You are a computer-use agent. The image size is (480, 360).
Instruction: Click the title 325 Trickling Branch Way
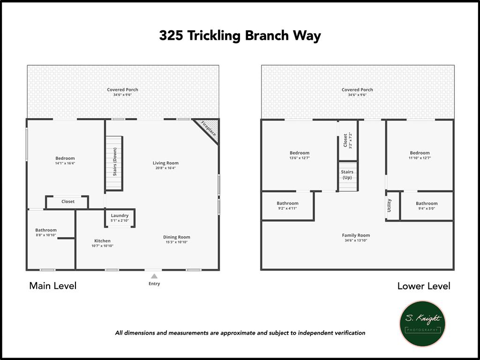pyautogui.click(x=240, y=36)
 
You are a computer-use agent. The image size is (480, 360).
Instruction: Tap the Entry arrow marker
pyautogui.click(x=154, y=277)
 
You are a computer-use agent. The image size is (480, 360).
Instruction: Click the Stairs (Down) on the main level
pyautogui.click(x=114, y=163)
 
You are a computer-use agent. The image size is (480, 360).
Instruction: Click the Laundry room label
pyautogui.click(x=120, y=216)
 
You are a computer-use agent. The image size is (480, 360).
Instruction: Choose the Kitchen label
pyautogui.click(x=102, y=241)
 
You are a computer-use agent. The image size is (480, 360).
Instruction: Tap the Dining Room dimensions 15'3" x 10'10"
pyautogui.click(x=177, y=242)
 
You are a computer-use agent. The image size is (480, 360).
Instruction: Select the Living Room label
pyautogui.click(x=165, y=163)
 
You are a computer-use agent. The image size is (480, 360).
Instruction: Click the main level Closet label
pyautogui.click(x=68, y=202)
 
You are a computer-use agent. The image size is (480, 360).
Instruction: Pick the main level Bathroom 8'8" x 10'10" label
pyautogui.click(x=46, y=230)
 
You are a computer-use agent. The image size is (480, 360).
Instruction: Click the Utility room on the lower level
pyautogui.click(x=390, y=205)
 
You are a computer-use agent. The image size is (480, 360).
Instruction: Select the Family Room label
pyautogui.click(x=356, y=235)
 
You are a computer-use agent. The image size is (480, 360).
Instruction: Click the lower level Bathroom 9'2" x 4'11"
pyautogui.click(x=287, y=203)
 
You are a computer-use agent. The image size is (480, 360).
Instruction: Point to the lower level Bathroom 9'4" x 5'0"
pyautogui.click(x=426, y=203)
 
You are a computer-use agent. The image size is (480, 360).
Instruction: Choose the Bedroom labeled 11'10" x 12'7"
pyautogui.click(x=420, y=153)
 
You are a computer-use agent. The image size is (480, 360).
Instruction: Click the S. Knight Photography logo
pyautogui.click(x=422, y=323)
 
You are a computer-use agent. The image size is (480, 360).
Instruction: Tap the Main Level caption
pyautogui.click(x=52, y=285)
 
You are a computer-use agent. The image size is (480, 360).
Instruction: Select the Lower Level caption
pyautogui.click(x=424, y=285)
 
